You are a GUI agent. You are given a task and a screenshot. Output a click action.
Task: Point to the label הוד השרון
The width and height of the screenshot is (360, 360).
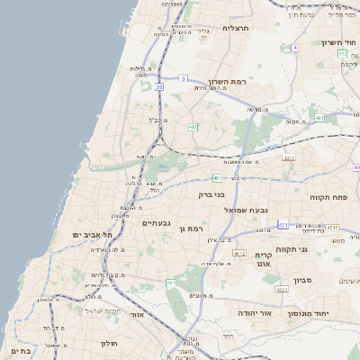[x=337, y=41]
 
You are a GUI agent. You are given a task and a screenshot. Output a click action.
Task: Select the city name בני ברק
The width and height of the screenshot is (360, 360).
[x=211, y=193]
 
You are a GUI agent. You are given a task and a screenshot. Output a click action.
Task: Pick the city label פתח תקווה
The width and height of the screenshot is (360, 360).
[x=328, y=196]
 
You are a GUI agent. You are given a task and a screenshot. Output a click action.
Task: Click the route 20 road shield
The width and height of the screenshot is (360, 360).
[x=159, y=86]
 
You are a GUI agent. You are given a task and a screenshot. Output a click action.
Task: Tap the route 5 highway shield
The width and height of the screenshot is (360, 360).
[x=182, y=79]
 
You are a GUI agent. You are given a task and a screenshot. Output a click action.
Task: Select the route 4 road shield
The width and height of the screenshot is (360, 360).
[x=294, y=47]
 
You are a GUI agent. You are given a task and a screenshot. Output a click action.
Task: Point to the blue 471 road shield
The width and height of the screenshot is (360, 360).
[x=283, y=224]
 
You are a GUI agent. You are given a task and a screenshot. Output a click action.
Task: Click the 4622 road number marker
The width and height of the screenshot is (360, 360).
[x=282, y=289]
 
